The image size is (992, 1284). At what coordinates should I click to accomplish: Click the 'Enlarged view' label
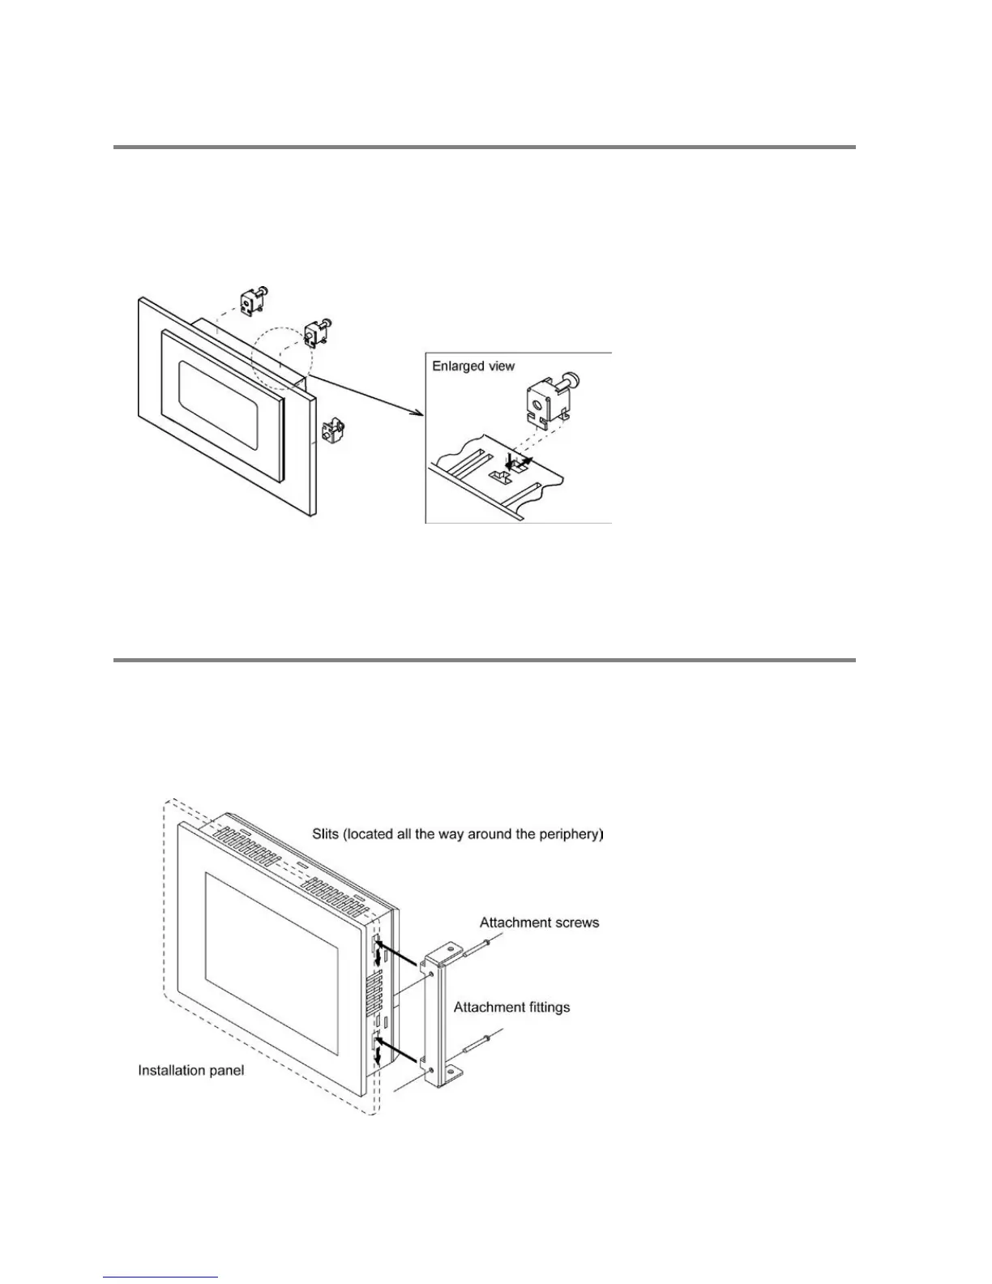[472, 366]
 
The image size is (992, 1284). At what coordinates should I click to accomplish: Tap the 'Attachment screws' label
[539, 922]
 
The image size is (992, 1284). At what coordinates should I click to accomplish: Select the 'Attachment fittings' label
[511, 1008]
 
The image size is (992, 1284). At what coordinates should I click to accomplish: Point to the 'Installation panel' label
[190, 1071]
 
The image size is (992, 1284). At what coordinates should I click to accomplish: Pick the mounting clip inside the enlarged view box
[550, 402]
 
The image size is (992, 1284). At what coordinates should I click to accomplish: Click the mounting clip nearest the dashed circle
[315, 333]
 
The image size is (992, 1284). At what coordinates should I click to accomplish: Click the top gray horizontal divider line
[484, 148]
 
